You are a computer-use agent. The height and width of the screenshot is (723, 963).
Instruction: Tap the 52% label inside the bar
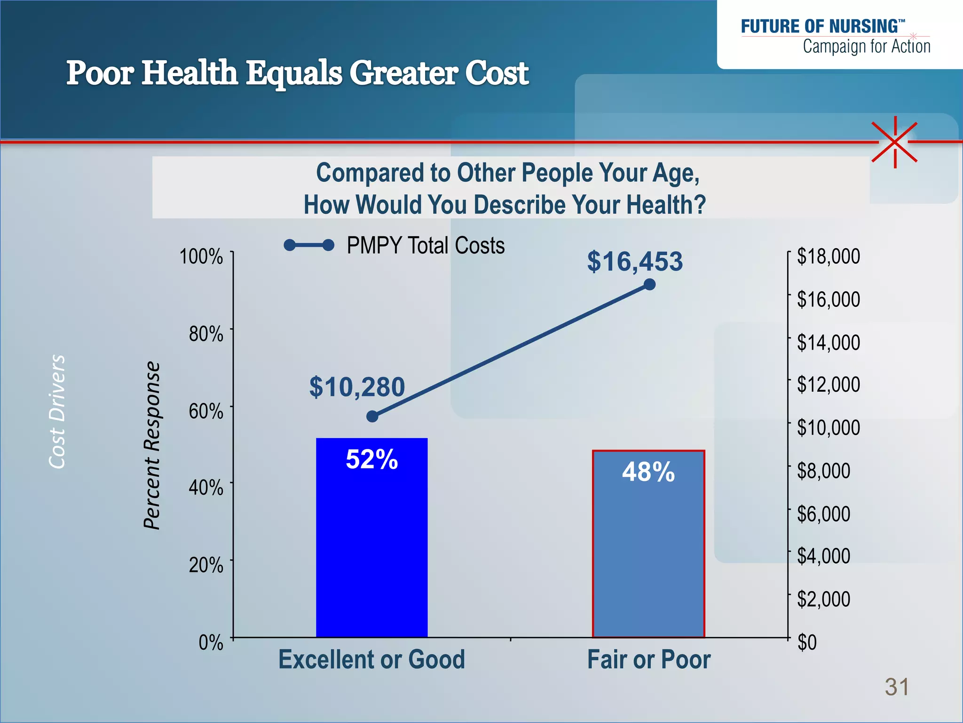click(x=371, y=459)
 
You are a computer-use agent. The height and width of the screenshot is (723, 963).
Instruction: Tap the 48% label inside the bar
click(x=648, y=472)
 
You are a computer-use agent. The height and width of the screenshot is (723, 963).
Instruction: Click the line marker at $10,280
click(x=372, y=416)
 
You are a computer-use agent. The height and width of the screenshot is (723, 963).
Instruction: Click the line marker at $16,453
click(x=649, y=284)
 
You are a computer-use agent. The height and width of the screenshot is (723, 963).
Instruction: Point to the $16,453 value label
click(x=635, y=261)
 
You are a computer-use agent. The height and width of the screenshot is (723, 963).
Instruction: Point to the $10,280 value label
click(x=357, y=387)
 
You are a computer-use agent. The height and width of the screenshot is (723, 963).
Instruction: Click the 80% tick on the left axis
click(x=206, y=334)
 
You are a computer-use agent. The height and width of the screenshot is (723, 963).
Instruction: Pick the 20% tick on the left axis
click(x=206, y=565)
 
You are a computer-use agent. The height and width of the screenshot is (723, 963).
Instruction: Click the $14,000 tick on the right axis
click(x=828, y=342)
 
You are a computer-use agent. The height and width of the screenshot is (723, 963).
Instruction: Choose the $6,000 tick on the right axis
click(x=823, y=514)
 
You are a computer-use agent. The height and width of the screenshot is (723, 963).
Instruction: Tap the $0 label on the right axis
click(x=807, y=642)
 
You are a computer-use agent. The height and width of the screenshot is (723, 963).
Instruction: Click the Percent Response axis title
click(x=152, y=445)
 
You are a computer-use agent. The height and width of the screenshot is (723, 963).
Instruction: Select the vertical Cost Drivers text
click(x=57, y=411)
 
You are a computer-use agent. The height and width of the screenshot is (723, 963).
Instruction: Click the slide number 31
click(x=897, y=687)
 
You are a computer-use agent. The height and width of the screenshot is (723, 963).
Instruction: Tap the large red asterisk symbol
click(x=895, y=142)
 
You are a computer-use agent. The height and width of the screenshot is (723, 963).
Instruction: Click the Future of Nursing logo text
click(x=823, y=27)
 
